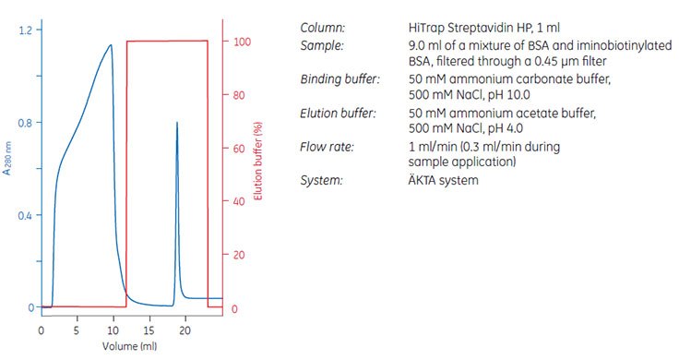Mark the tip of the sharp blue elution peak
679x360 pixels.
[x=176, y=122]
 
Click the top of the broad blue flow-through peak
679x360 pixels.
[x=111, y=44]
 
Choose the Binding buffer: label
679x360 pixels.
[x=340, y=79]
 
